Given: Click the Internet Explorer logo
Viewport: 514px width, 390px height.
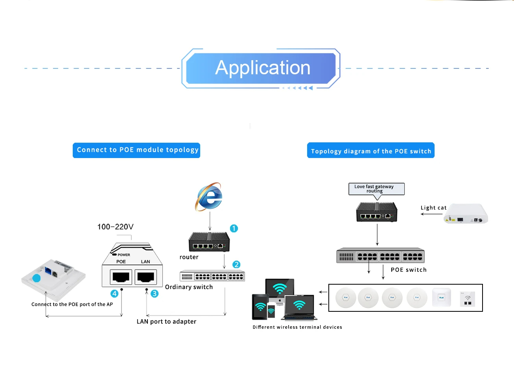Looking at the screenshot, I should tap(209, 197).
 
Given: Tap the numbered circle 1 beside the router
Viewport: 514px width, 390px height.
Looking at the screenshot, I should tap(234, 228).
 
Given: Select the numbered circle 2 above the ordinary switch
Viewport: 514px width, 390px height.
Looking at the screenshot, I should tap(236, 265).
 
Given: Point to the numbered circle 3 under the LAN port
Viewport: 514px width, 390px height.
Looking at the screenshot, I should tap(155, 294).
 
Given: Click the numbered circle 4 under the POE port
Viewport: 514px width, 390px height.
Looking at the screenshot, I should tap(114, 294).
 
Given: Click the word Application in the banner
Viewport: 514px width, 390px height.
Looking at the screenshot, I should tap(263, 68).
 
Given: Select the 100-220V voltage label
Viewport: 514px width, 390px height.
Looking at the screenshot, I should tap(115, 227).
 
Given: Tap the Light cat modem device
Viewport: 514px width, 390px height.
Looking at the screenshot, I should tap(466, 214).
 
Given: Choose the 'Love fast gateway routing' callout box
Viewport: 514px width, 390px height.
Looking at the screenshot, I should tap(376, 189).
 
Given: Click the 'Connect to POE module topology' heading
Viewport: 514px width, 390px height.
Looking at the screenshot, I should tap(136, 150).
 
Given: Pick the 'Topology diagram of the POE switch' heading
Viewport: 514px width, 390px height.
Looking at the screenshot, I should tap(370, 151).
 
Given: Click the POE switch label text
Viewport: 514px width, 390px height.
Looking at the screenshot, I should tap(409, 270).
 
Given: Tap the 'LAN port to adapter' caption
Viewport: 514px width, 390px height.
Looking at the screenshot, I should tap(166, 322).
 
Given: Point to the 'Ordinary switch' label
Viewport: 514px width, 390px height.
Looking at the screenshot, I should tap(189, 287).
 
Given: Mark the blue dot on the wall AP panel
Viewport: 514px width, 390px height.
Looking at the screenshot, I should tap(37, 278).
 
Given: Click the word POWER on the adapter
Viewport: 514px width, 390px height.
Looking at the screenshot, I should tap(124, 255).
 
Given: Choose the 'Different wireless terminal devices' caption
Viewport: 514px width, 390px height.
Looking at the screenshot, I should tap(297, 327).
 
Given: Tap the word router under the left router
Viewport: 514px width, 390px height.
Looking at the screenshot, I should tap(189, 257).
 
